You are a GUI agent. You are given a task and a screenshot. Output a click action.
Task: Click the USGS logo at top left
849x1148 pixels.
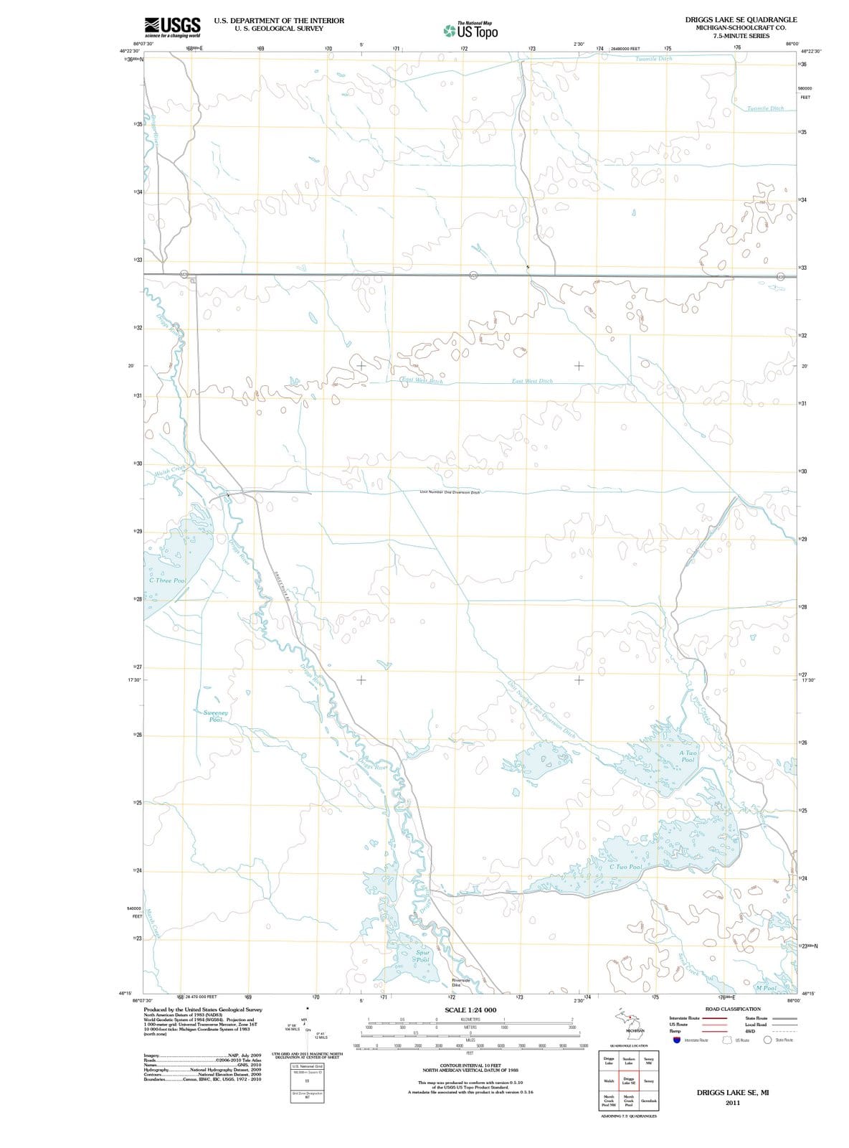pos(172,27)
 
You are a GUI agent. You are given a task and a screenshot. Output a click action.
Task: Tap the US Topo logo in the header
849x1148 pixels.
pos(470,31)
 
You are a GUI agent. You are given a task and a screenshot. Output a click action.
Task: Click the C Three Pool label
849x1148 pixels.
pos(168,580)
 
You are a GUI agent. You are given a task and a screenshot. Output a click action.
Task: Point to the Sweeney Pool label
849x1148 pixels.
pos(216,716)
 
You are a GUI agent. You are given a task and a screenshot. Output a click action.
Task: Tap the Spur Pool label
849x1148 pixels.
pos(422,956)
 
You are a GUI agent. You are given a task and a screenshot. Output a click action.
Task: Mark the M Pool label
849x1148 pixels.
pos(766,988)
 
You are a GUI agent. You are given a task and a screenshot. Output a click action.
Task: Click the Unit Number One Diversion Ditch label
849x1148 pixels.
pos(449,492)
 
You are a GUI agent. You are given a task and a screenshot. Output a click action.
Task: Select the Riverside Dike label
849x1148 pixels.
pos(460,982)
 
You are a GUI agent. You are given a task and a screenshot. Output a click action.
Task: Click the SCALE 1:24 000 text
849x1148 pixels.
pos(470,1010)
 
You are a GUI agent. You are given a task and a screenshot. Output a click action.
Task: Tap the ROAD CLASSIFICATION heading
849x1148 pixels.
pos(733,1009)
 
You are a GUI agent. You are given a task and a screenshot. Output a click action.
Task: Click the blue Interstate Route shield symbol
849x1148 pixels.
pos(675,1040)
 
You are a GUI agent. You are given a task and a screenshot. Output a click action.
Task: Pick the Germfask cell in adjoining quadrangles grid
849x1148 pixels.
pos(648,1101)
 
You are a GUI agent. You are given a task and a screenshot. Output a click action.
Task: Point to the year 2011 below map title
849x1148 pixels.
pos(731,1103)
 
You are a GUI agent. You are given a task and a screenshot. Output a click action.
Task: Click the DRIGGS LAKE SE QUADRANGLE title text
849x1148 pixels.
pos(741,19)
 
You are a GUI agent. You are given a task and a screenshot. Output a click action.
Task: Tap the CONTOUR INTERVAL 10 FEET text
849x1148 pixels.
pos(470,1065)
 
